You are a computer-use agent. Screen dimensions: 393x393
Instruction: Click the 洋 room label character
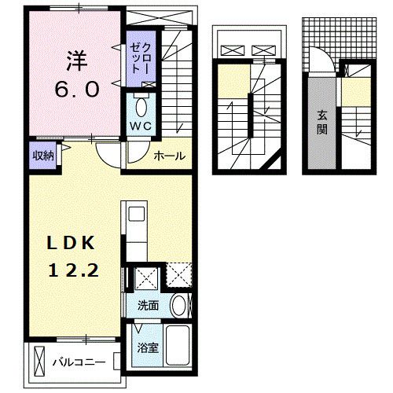(76, 61)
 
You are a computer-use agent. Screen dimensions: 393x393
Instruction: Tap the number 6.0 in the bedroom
(77, 89)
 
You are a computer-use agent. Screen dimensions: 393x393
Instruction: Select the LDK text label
(71, 243)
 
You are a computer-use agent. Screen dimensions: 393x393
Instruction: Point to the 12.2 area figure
(74, 270)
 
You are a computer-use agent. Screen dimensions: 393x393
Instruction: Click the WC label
(141, 127)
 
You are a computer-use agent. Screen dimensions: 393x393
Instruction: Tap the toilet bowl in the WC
(141, 108)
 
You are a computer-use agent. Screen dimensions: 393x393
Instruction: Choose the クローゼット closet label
(141, 59)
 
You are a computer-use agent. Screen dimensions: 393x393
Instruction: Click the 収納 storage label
(43, 156)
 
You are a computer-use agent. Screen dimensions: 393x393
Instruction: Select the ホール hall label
(170, 156)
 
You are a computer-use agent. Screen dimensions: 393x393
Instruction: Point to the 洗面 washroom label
(149, 306)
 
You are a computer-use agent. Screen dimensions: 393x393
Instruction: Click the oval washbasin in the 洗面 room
(178, 306)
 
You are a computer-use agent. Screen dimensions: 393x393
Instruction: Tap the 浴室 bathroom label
(148, 348)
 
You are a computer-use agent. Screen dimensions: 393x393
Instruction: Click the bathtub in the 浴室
(178, 346)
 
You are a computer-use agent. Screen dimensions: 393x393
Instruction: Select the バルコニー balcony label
(79, 362)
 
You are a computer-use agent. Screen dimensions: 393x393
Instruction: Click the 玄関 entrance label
(322, 123)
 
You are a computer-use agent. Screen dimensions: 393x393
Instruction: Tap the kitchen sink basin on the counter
(137, 214)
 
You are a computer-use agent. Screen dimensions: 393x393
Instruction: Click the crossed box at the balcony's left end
(40, 362)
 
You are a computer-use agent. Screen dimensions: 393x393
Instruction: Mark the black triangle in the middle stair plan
(274, 161)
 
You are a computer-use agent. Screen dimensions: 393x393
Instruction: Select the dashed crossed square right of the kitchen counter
(179, 275)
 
